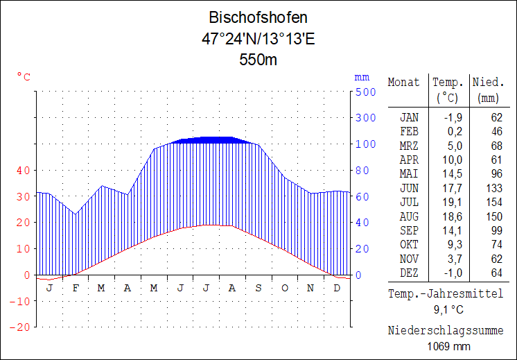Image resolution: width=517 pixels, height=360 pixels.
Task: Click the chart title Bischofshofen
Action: click(258, 18)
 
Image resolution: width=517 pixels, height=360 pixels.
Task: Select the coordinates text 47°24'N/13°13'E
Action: click(258, 39)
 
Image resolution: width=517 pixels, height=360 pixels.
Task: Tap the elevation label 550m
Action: click(258, 60)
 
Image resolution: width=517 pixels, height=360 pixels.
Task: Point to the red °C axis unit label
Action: click(24, 77)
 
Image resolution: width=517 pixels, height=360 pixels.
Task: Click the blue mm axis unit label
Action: click(362, 77)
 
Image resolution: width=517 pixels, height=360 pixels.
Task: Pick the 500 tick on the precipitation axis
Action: click(366, 92)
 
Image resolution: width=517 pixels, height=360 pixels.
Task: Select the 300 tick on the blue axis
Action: click(366, 118)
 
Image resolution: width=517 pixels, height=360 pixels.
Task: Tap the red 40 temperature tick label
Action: click(24, 170)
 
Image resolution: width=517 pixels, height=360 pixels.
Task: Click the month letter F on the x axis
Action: click(75, 288)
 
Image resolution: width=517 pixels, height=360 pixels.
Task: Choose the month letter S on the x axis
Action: click(258, 288)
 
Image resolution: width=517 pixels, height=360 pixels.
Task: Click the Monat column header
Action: click(403, 82)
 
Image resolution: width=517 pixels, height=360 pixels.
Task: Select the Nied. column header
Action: click(488, 82)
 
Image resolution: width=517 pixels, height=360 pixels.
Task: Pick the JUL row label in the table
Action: click(409, 202)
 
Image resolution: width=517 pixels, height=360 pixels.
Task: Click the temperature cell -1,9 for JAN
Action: click(451, 117)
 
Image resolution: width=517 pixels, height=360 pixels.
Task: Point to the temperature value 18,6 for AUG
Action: click(451, 216)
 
